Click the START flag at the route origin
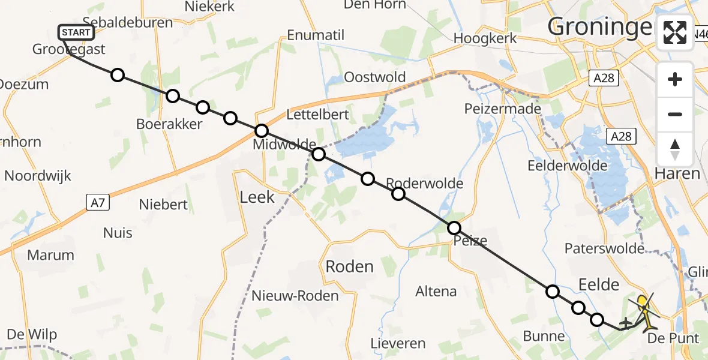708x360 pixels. (76, 32)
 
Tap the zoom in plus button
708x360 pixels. (675, 80)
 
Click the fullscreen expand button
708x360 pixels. (675, 32)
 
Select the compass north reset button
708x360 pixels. (675, 149)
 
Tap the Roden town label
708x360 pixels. (350, 266)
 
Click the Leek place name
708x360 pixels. (257, 197)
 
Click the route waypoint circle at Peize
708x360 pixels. (454, 228)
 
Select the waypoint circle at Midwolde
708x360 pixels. (262, 131)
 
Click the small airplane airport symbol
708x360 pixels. (625, 323)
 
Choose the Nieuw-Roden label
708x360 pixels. (287, 295)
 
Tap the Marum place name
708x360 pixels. (50, 255)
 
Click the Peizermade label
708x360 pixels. (503, 109)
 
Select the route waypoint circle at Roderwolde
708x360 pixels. (398, 194)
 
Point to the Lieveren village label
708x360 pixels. (398, 344)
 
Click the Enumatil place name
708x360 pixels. (316, 35)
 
